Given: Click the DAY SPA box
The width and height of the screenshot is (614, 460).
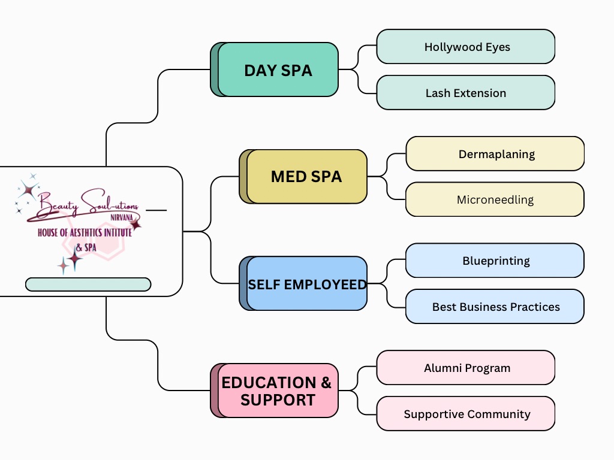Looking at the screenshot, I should [x=278, y=70].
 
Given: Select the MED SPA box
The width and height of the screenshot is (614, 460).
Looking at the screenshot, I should [x=306, y=177].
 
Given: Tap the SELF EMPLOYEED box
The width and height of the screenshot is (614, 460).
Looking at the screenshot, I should [x=306, y=284].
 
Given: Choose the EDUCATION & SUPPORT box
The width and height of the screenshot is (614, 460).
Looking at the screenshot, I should [x=277, y=391].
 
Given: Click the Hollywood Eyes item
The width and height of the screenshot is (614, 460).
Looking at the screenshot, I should [x=466, y=47].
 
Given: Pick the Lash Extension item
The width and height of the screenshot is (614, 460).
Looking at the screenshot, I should [x=466, y=93].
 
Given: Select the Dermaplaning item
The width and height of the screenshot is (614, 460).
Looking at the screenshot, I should [x=495, y=154].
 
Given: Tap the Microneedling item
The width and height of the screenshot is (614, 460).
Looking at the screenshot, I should [x=495, y=199].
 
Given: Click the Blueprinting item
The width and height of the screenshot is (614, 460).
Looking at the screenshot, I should [x=495, y=261].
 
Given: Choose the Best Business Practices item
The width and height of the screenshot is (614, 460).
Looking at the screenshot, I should [x=495, y=307].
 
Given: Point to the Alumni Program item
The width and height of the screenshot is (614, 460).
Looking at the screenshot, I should [x=466, y=368].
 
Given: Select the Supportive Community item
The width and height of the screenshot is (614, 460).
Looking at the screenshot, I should [x=466, y=414].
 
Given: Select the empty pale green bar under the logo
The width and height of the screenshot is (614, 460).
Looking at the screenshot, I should [x=88, y=285].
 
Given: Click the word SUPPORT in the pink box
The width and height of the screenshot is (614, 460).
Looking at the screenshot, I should [x=278, y=400].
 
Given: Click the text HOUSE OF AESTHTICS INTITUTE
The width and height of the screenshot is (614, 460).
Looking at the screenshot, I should [x=85, y=232].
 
